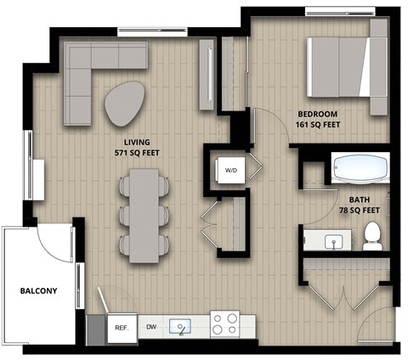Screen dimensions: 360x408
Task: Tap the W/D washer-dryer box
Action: coord(231,170)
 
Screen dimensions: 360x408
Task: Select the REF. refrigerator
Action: coord(121,327)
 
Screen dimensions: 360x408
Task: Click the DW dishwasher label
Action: coord(150,327)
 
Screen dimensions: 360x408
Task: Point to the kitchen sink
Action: coord(180,326)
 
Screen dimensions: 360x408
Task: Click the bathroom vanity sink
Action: coord(334,241)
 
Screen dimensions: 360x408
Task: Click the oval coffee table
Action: coord(125,103)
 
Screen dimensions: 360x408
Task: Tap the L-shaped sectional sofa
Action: coord(93,72)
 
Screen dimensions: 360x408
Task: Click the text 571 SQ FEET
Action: coord(137,154)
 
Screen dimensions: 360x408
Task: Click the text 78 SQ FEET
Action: coord(358,210)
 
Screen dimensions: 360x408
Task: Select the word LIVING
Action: coord(137,142)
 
